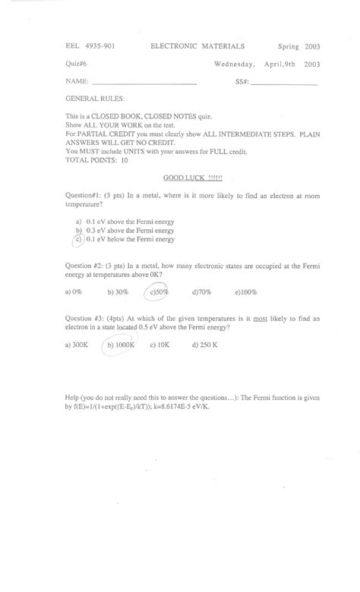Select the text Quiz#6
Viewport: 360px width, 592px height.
(74, 64)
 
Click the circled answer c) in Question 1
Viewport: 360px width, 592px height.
(77, 239)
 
